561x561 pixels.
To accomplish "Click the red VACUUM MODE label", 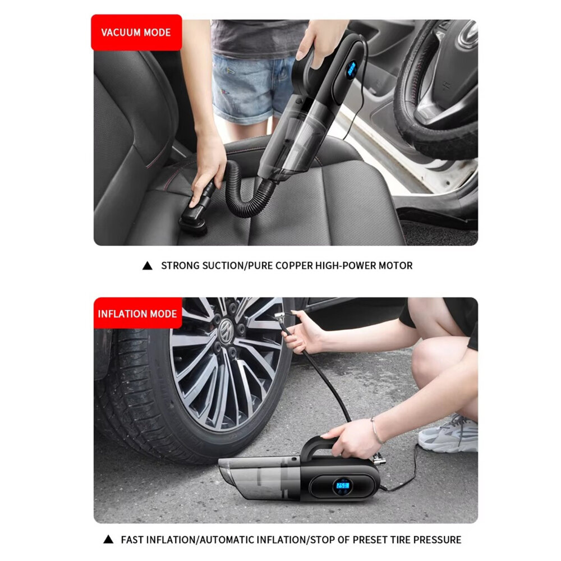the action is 136,33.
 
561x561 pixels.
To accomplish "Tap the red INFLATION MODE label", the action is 138,314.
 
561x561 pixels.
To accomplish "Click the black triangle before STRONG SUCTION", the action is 148,265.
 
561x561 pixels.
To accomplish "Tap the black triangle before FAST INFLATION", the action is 108,540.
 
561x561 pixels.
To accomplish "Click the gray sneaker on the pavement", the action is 448,434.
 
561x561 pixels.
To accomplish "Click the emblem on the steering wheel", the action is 468,34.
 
